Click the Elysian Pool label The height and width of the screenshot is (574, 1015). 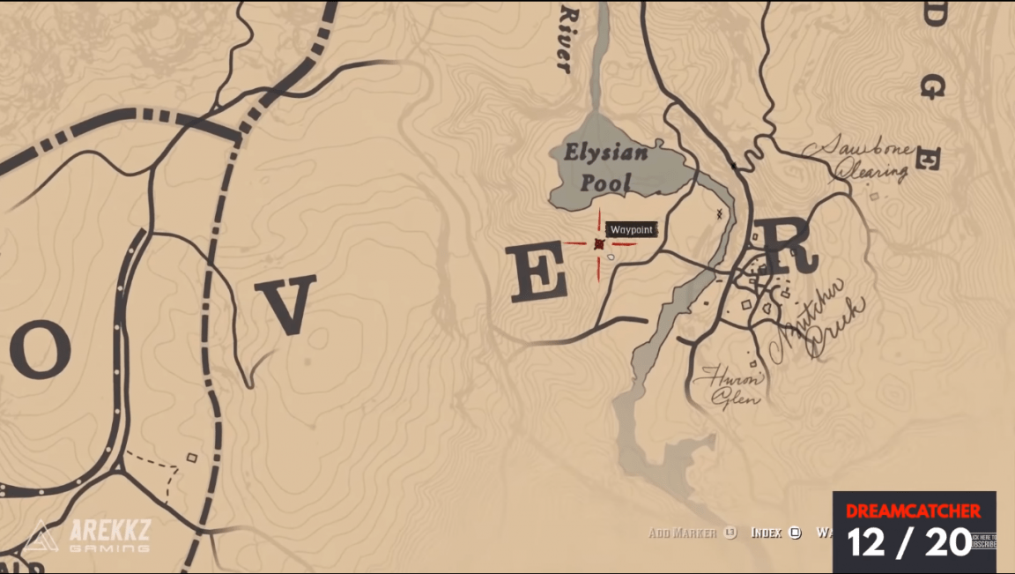click(606, 168)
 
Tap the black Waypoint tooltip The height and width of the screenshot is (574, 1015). click(633, 230)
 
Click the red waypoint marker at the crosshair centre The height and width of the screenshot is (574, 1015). click(599, 244)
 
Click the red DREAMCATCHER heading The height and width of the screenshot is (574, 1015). click(913, 511)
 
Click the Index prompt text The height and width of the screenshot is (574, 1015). click(767, 533)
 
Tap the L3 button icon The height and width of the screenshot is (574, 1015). click(730, 533)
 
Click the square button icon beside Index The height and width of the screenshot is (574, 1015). click(795, 533)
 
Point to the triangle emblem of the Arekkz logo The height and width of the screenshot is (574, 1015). click(40, 536)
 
